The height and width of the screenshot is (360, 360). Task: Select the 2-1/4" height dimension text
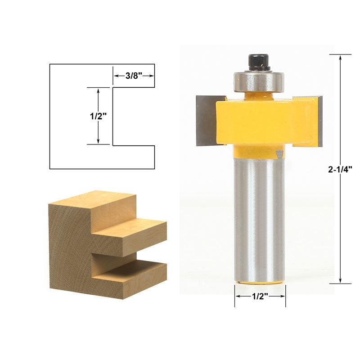340,170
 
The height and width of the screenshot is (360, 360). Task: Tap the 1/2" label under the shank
260,297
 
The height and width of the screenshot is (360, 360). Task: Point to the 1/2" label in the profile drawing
98,117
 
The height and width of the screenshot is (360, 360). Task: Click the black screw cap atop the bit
259,62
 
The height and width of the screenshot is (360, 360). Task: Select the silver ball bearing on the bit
259,81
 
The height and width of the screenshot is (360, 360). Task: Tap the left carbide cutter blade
207,121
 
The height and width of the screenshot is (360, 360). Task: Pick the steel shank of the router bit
260,219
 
